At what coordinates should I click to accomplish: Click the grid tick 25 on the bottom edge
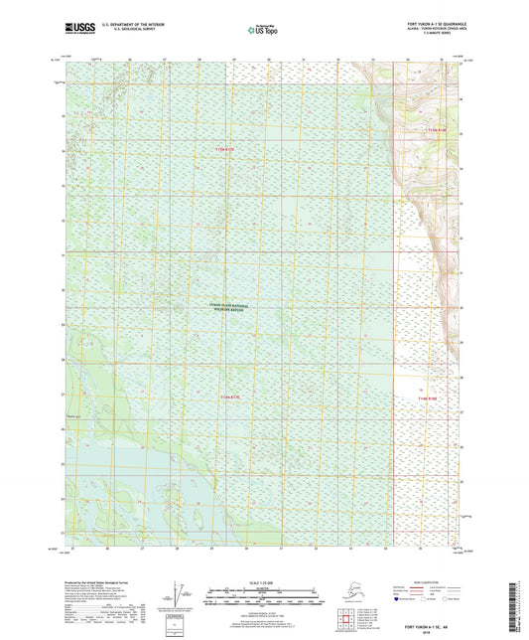73,548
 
